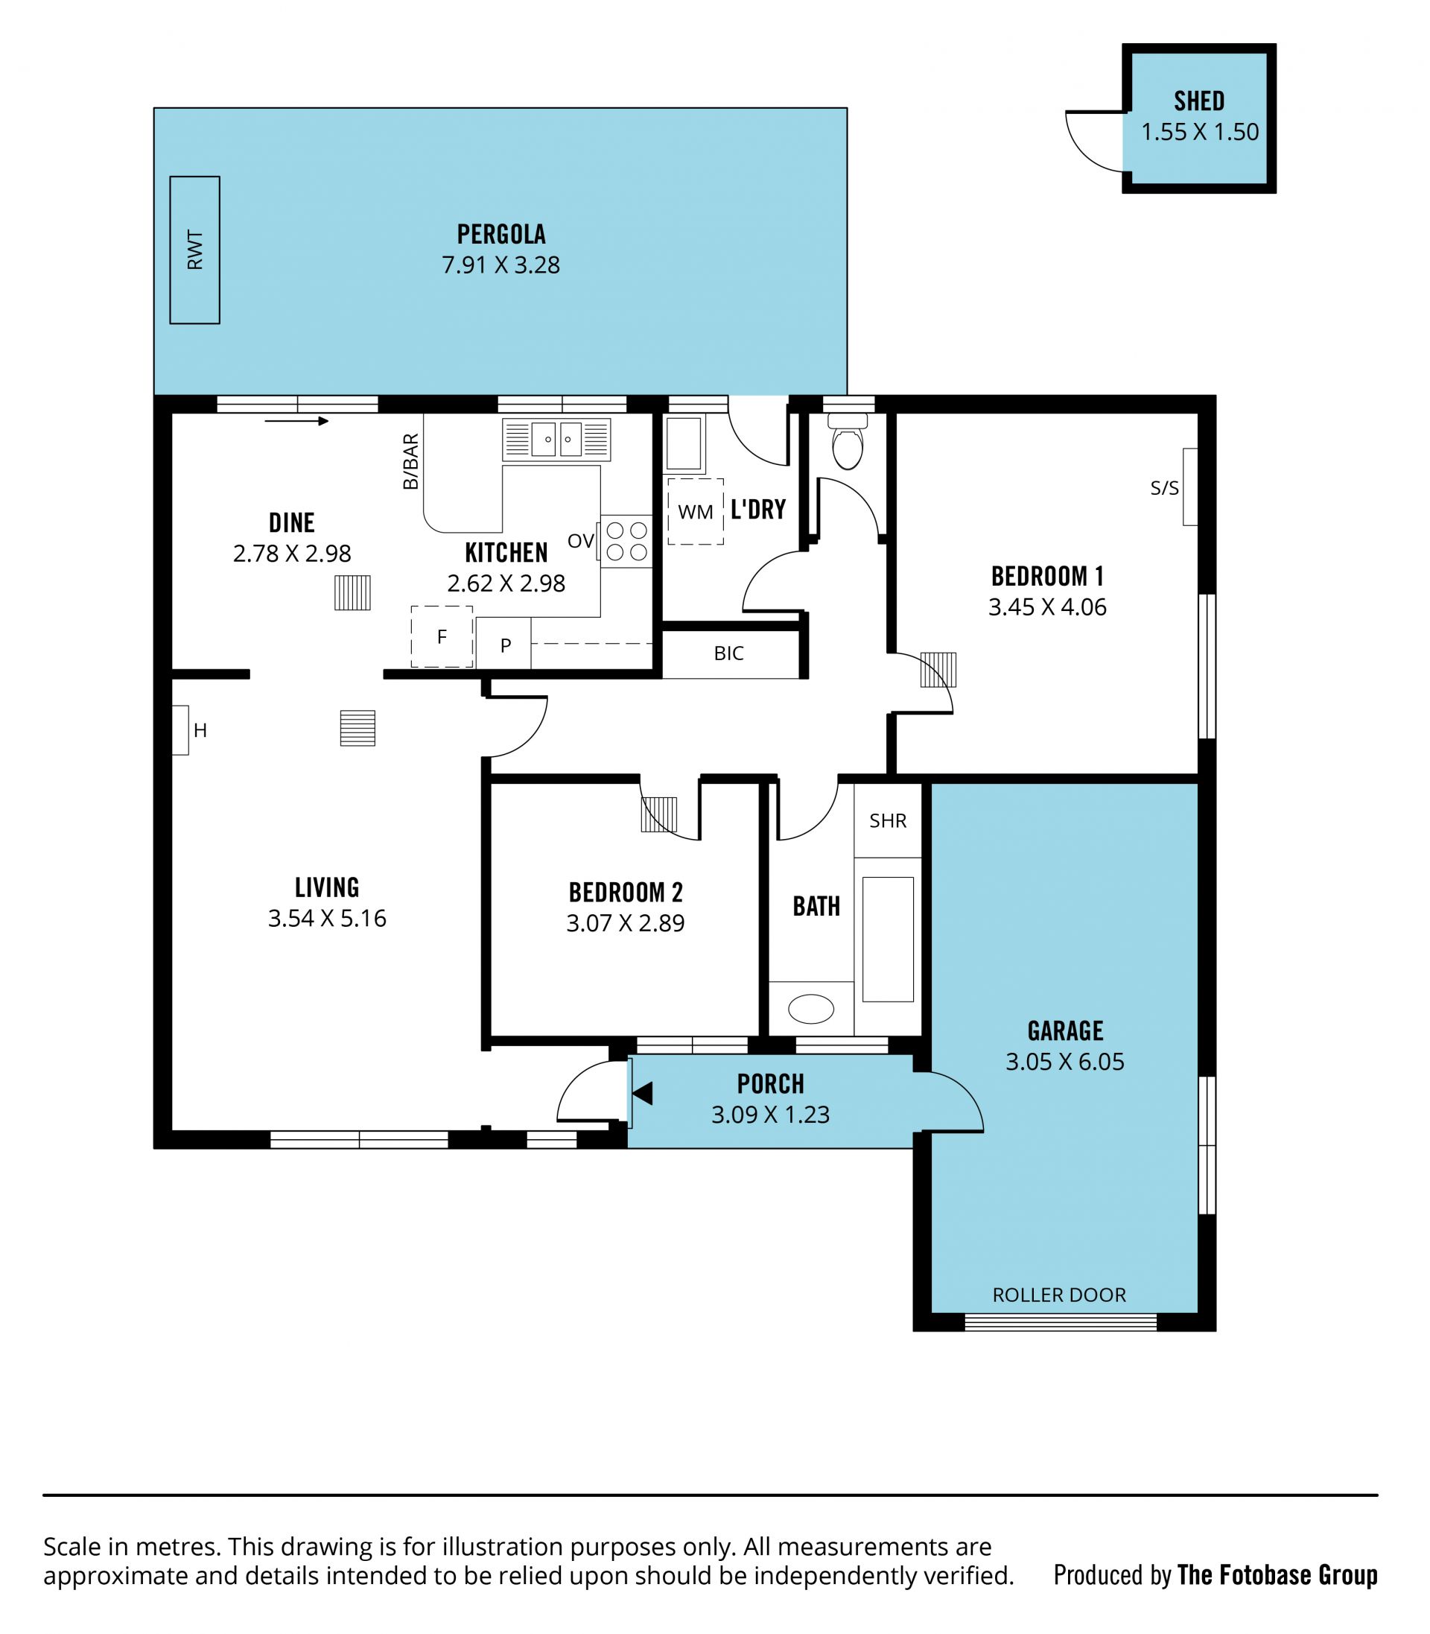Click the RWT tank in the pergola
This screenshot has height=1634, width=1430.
[x=194, y=250]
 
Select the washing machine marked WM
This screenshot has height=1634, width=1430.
[x=696, y=512]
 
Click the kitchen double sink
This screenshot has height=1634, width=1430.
[x=557, y=439]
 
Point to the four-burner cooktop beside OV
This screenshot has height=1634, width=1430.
[x=626, y=541]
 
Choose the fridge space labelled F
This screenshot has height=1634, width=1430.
[x=442, y=636]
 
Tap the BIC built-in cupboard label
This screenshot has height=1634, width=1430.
[x=728, y=653]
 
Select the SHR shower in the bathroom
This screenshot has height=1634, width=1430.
[x=888, y=820]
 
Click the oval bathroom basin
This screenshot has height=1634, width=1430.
[x=811, y=1009]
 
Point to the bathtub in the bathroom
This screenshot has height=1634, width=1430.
[x=888, y=939]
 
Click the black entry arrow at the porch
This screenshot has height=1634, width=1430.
[x=642, y=1093]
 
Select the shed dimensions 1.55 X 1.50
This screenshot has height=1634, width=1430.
[x=1199, y=132]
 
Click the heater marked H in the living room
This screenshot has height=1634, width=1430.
[x=181, y=729]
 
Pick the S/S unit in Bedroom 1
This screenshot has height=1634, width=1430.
[x=1190, y=487]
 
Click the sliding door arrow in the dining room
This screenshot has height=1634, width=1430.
[x=296, y=421]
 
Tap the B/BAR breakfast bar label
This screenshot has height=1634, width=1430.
[x=410, y=461]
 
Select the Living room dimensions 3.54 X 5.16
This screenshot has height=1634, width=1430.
[x=327, y=918]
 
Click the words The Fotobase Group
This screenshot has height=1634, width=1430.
[x=1277, y=1575]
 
